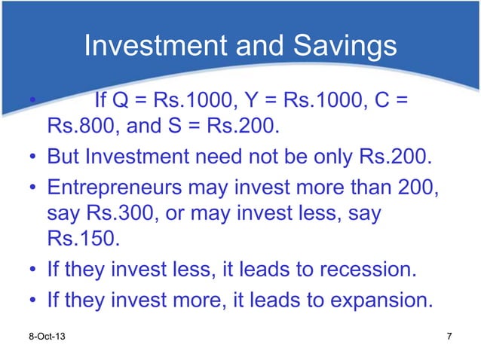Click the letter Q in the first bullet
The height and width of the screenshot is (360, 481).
tap(124, 99)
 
